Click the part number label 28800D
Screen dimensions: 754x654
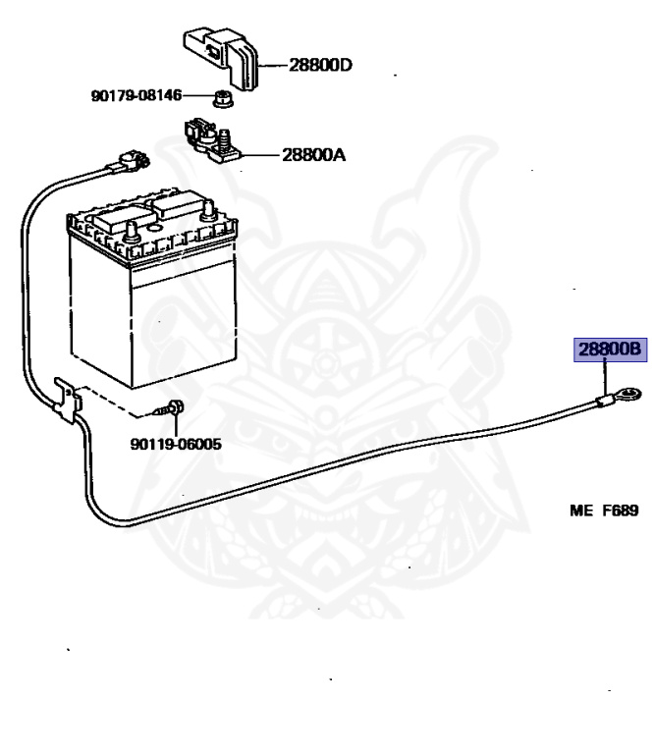(320, 66)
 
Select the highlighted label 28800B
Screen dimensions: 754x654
(609, 350)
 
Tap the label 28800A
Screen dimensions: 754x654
(313, 155)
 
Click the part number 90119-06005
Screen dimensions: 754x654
(175, 444)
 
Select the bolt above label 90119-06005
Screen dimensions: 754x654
(173, 407)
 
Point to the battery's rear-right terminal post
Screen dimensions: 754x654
(207, 208)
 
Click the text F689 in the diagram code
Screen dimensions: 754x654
(620, 511)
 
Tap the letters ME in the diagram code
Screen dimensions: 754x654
(582, 511)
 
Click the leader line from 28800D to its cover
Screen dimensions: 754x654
(274, 66)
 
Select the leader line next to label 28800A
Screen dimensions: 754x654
(259, 155)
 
